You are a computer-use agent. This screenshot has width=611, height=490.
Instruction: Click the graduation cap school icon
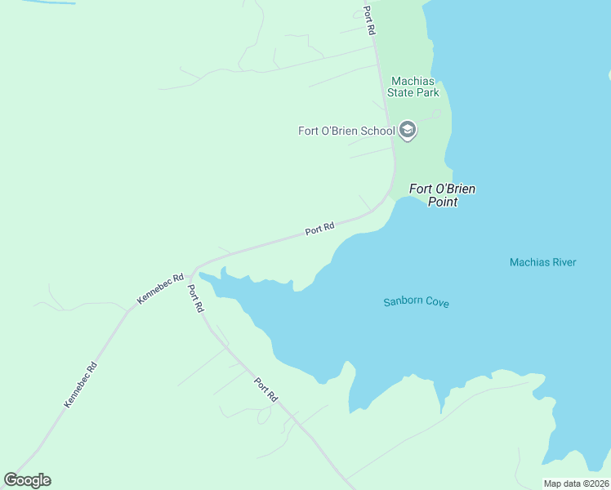pos(407,130)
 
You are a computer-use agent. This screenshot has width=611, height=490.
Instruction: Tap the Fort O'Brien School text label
pos(346,131)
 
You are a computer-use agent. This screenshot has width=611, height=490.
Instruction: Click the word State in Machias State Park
pos(402,92)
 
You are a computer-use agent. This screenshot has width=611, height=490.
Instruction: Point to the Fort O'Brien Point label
pos(442,195)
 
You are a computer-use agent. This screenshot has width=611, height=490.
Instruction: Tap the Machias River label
pos(542,262)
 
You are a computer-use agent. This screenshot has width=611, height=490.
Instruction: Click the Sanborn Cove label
pos(416,302)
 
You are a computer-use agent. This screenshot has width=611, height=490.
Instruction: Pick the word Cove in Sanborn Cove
pos(436,302)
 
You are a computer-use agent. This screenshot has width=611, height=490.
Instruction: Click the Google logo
pos(27,480)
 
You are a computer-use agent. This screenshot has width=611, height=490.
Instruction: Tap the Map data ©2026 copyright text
pos(576,483)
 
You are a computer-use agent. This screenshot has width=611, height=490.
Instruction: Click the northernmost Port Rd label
pos(369,20)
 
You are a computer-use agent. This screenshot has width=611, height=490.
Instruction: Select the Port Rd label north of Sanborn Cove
pos(320,229)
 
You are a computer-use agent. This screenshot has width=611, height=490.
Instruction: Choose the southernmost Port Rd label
pos(265,390)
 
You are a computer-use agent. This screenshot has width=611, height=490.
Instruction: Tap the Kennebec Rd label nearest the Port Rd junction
pos(160,289)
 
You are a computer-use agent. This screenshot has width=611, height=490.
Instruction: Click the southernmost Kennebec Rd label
pos(80,385)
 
